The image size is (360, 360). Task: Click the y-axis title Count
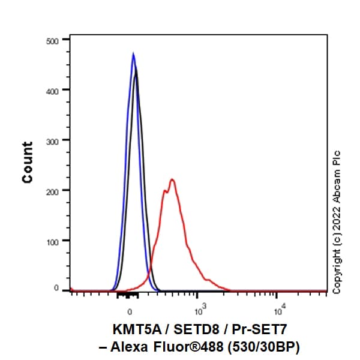pyautogui.click(x=28, y=163)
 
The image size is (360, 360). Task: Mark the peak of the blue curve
pyautogui.click(x=133, y=53)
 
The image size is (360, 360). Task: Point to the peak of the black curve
pyautogui.click(x=137, y=68)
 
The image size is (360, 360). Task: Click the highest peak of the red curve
pyautogui.click(x=172, y=179)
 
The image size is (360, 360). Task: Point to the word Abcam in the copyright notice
pyautogui.click(x=337, y=182)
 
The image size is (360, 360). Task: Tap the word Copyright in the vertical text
pyautogui.click(x=337, y=268)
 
